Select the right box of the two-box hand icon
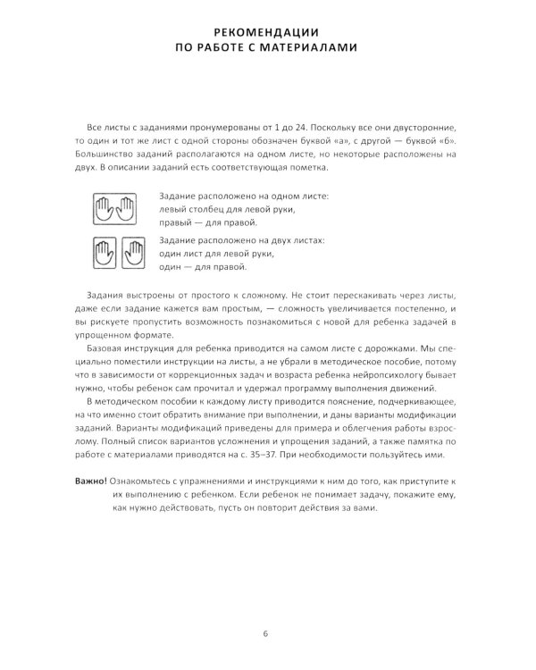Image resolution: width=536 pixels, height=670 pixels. point(133,253)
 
